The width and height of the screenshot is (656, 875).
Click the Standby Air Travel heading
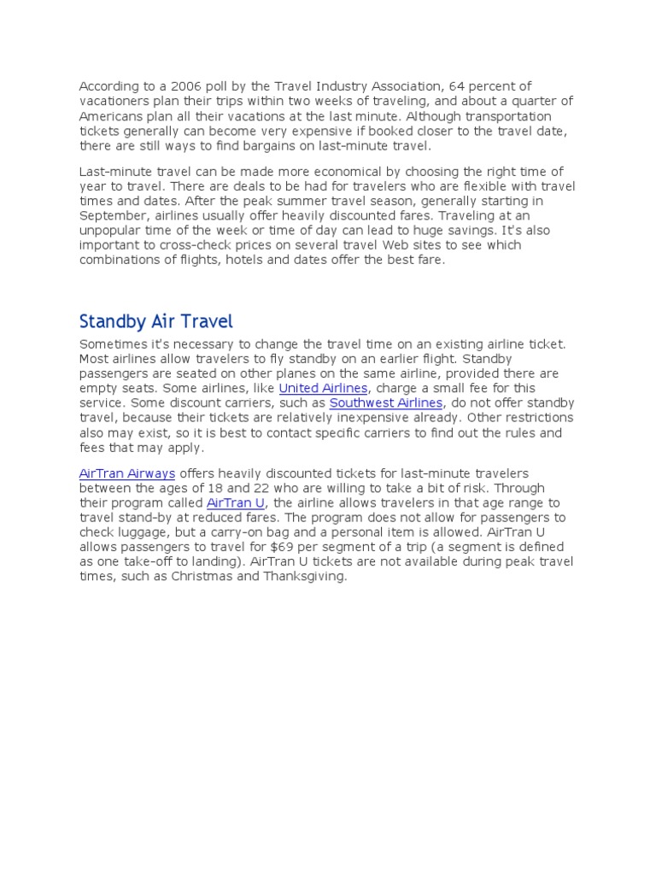click(155, 322)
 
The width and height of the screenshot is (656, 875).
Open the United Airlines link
click(323, 388)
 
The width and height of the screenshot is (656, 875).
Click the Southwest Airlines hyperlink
click(385, 402)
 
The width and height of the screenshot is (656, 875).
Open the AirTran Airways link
click(126, 473)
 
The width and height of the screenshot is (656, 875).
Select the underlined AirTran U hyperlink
click(236, 503)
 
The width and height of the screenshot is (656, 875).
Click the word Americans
click(112, 115)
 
